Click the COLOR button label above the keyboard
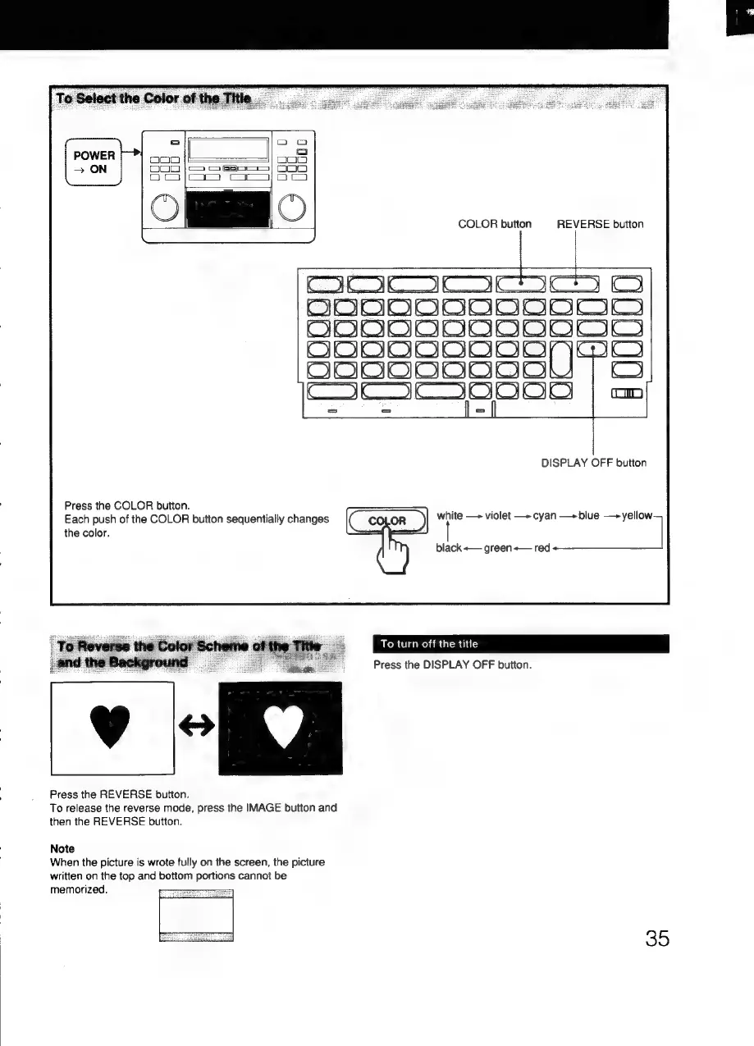tap(495, 224)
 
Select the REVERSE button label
tap(600, 224)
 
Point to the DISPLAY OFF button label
tap(593, 463)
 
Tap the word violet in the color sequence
tap(499, 516)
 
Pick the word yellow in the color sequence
tap(637, 516)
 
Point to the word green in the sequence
tap(499, 547)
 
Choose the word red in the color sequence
tap(542, 547)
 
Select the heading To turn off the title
tap(429, 643)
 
